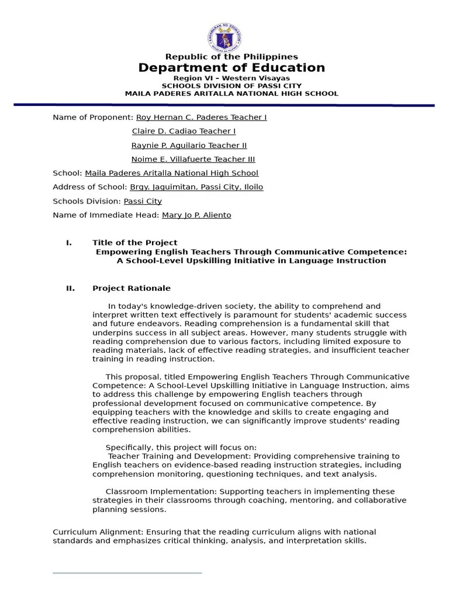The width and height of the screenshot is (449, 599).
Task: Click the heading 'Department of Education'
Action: pos(232,68)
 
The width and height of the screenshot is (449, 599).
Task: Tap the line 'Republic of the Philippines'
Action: pos(232,57)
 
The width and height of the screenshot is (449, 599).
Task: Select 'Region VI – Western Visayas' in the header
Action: pos(232,78)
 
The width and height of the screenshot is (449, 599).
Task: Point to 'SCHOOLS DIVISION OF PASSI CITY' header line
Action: pos(232,85)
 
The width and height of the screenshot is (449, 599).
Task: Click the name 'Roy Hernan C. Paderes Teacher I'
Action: pos(201,117)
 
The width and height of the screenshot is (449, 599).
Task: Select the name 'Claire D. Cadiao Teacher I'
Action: pos(184,131)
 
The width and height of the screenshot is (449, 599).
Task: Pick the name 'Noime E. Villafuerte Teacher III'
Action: pos(193,159)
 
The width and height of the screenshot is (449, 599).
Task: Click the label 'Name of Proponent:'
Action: pos(93,117)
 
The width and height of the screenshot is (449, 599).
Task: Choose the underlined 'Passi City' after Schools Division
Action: pos(143,201)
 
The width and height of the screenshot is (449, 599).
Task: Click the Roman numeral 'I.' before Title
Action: pos(69,242)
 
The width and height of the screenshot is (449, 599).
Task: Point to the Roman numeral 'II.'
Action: pos(71,288)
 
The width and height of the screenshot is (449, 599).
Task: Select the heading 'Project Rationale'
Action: pos(132,288)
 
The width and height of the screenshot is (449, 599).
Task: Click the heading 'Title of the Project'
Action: pos(134,242)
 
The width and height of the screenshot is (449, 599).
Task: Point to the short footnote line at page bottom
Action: pos(127,573)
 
